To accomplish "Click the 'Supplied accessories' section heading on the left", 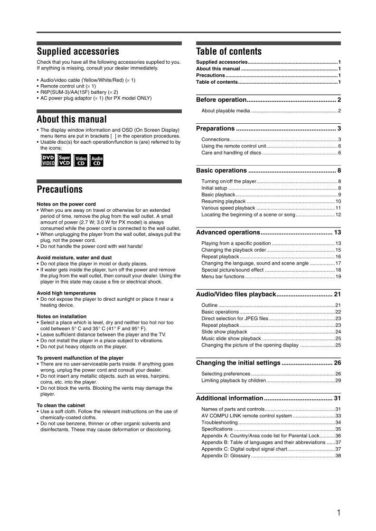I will click(x=78, y=51).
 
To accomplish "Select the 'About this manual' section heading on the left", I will click(x=72, y=119).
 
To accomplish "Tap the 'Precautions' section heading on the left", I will click(x=60, y=189).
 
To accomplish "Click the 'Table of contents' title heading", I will click(x=229, y=51).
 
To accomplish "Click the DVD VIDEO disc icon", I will click(x=48, y=160).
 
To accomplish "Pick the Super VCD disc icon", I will click(x=64, y=160).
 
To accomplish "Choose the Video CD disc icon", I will click(x=81, y=161).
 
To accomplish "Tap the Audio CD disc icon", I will click(x=97, y=161).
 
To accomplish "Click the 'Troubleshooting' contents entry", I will click(x=219, y=423).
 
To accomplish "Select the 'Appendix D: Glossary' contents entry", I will click(x=226, y=456).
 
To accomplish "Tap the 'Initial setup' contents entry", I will click(x=214, y=188).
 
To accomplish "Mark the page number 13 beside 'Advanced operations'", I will click(x=337, y=232).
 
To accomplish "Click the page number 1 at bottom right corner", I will click(x=338, y=512).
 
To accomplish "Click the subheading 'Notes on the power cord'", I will click(x=66, y=204).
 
